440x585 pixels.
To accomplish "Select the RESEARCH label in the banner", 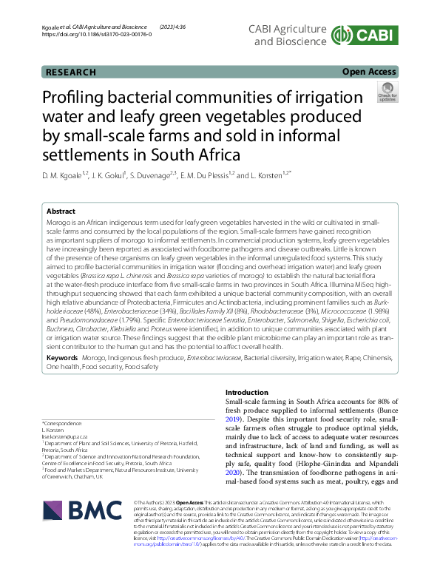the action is click(x=71, y=72).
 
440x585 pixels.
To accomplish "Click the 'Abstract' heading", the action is click(x=61, y=212).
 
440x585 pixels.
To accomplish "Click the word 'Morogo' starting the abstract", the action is click(x=59, y=223).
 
